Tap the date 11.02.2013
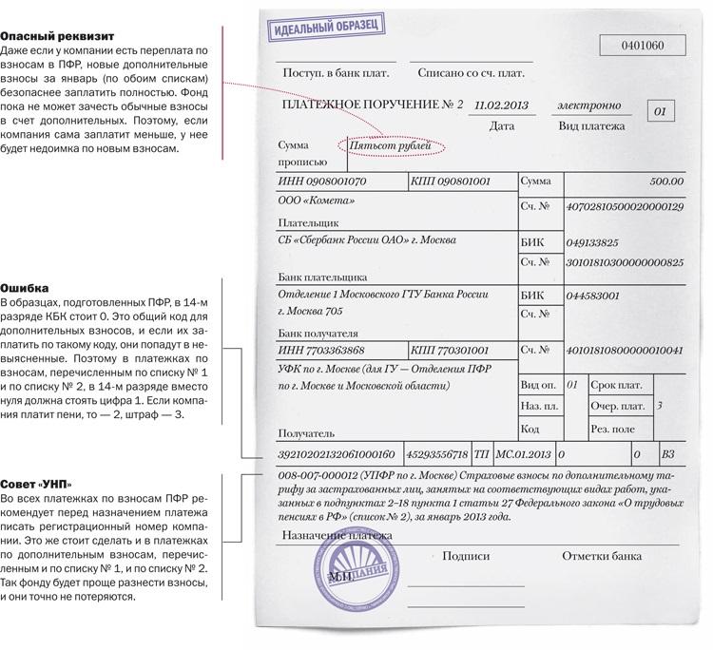click(501, 105)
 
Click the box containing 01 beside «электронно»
click(661, 111)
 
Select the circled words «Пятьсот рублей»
click(390, 146)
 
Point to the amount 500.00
click(665, 180)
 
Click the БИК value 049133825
click(591, 242)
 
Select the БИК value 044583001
click(592, 296)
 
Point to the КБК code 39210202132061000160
click(335, 454)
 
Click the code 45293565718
click(436, 454)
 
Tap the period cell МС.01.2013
click(524, 454)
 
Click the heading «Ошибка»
click(24, 286)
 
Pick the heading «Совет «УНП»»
click(36, 484)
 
